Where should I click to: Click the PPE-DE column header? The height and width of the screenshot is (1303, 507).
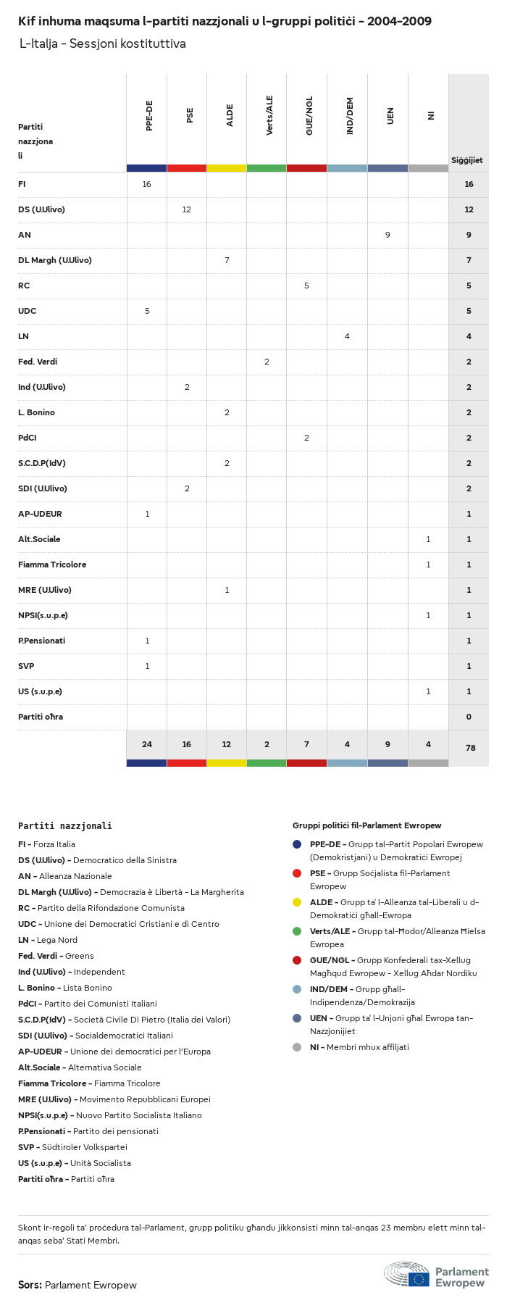click(149, 116)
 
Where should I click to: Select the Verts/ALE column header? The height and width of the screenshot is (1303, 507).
click(269, 115)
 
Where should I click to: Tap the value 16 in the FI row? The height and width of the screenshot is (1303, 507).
click(147, 184)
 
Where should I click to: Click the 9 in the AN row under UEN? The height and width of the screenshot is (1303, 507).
click(387, 235)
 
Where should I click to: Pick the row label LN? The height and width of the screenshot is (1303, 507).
click(23, 336)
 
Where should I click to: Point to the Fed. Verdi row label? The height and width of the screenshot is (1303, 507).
click(38, 362)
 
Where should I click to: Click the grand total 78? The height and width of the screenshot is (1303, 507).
click(470, 748)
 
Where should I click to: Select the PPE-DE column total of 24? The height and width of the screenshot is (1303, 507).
click(147, 744)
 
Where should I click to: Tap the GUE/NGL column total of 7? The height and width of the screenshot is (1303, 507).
click(306, 744)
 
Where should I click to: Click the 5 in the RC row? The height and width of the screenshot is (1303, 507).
click(306, 286)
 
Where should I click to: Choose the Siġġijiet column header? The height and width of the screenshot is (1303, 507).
click(467, 160)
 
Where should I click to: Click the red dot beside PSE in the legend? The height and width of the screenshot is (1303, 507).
click(297, 873)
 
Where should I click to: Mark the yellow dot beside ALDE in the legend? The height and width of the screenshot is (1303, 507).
click(297, 902)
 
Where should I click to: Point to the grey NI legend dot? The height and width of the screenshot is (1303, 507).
click(297, 1047)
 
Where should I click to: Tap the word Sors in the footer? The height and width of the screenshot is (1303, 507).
click(30, 1285)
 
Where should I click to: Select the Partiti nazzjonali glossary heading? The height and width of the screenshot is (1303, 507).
click(65, 825)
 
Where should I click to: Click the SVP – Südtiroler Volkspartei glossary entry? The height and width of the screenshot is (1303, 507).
click(72, 1147)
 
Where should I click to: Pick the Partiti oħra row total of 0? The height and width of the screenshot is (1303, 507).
click(469, 717)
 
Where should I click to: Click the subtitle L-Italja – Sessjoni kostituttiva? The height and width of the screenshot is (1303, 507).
click(102, 43)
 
